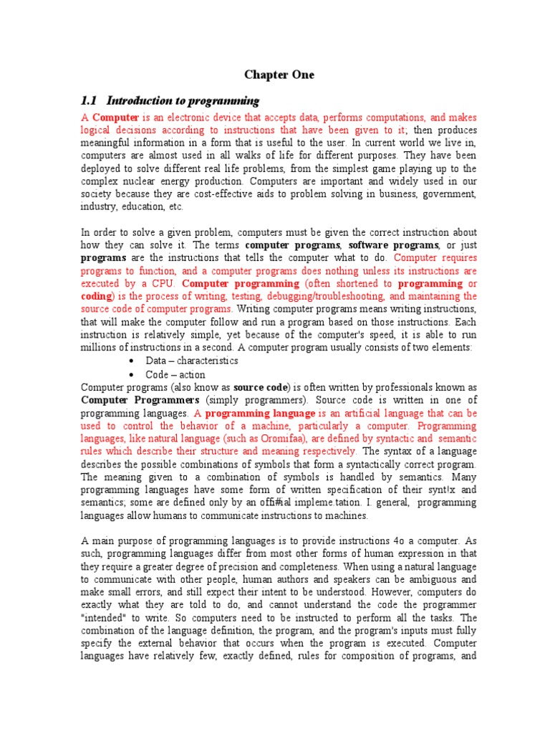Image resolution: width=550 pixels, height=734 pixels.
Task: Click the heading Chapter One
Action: [279, 75]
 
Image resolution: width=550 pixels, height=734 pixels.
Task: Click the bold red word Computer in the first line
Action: [116, 117]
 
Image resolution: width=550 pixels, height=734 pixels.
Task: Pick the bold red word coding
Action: [96, 297]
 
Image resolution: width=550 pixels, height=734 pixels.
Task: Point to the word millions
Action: [100, 348]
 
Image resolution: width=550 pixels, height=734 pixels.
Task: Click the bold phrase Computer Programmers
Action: [140, 400]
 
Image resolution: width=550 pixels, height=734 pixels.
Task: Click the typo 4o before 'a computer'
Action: [387, 542]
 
